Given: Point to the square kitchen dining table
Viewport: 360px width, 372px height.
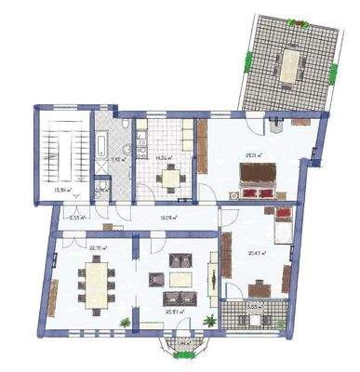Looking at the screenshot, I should [170, 179].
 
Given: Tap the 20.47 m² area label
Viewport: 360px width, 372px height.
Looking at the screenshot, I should [258, 252].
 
